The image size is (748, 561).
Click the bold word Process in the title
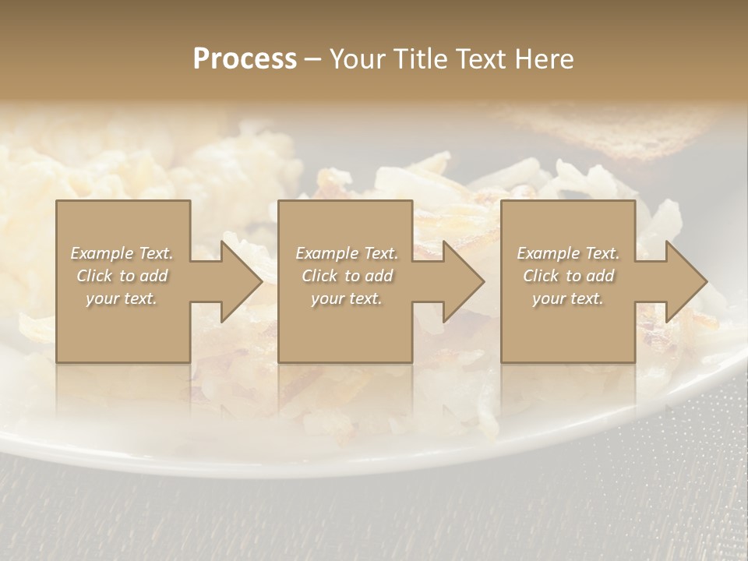click(x=245, y=59)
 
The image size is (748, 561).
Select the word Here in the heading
click(x=544, y=59)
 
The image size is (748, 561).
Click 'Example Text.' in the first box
click(x=122, y=253)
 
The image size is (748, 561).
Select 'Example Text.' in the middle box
click(x=347, y=253)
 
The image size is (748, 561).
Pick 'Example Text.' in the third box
click(x=568, y=253)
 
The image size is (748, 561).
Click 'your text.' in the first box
click(x=122, y=298)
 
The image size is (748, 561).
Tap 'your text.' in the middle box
click(x=347, y=298)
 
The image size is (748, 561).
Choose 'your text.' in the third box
click(x=568, y=298)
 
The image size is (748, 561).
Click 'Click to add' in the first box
click(x=122, y=276)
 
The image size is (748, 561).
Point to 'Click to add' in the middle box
click(x=347, y=276)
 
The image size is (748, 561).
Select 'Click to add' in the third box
click(x=568, y=276)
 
